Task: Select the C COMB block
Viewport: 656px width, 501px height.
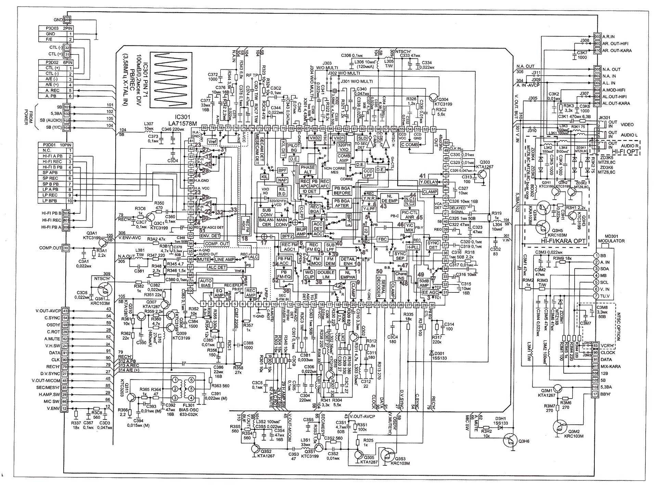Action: coord(410,145)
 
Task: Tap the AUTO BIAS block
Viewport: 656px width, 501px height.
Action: coord(206,283)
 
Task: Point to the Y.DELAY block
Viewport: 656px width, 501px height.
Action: coord(428,182)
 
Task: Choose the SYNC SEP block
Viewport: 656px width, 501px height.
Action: coord(400,256)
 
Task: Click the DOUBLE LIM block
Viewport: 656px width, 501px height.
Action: coord(325,275)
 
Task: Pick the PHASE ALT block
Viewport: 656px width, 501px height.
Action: coord(308,170)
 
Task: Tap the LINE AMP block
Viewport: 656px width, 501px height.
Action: coord(224,260)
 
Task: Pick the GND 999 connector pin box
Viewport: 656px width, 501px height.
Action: coord(67,20)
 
